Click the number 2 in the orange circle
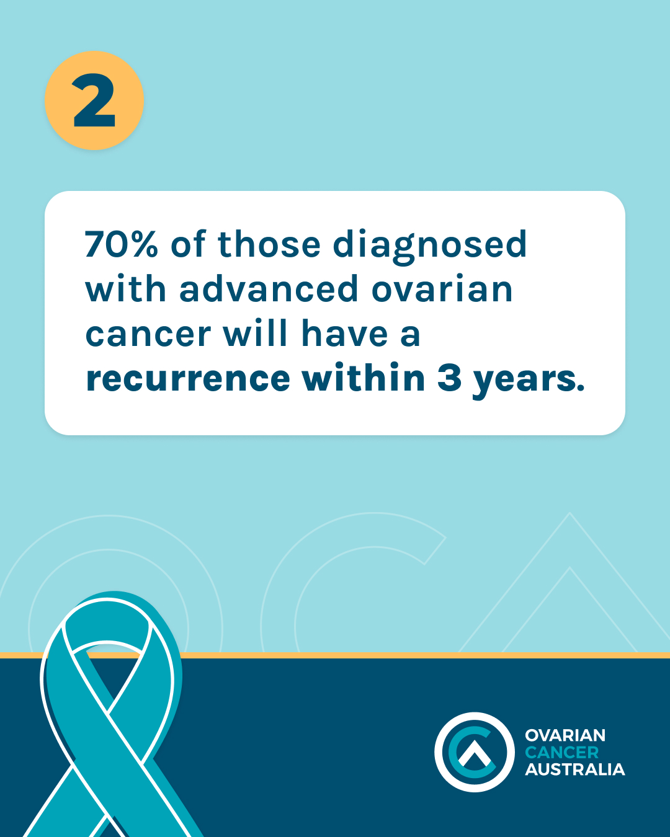pos(94,100)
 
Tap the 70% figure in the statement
pos(122,244)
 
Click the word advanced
pos(268,288)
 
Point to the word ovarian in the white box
pos(442,288)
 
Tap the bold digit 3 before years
pos(449,378)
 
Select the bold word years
pos(529,381)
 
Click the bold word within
pos(364,377)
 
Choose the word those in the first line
pos(269,244)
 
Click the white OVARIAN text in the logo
pos(565,735)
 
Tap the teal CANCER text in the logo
pos(562,752)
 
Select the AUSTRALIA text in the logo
pos(575,769)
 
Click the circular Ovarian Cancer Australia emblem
pos(474,752)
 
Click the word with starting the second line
pos(126,288)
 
